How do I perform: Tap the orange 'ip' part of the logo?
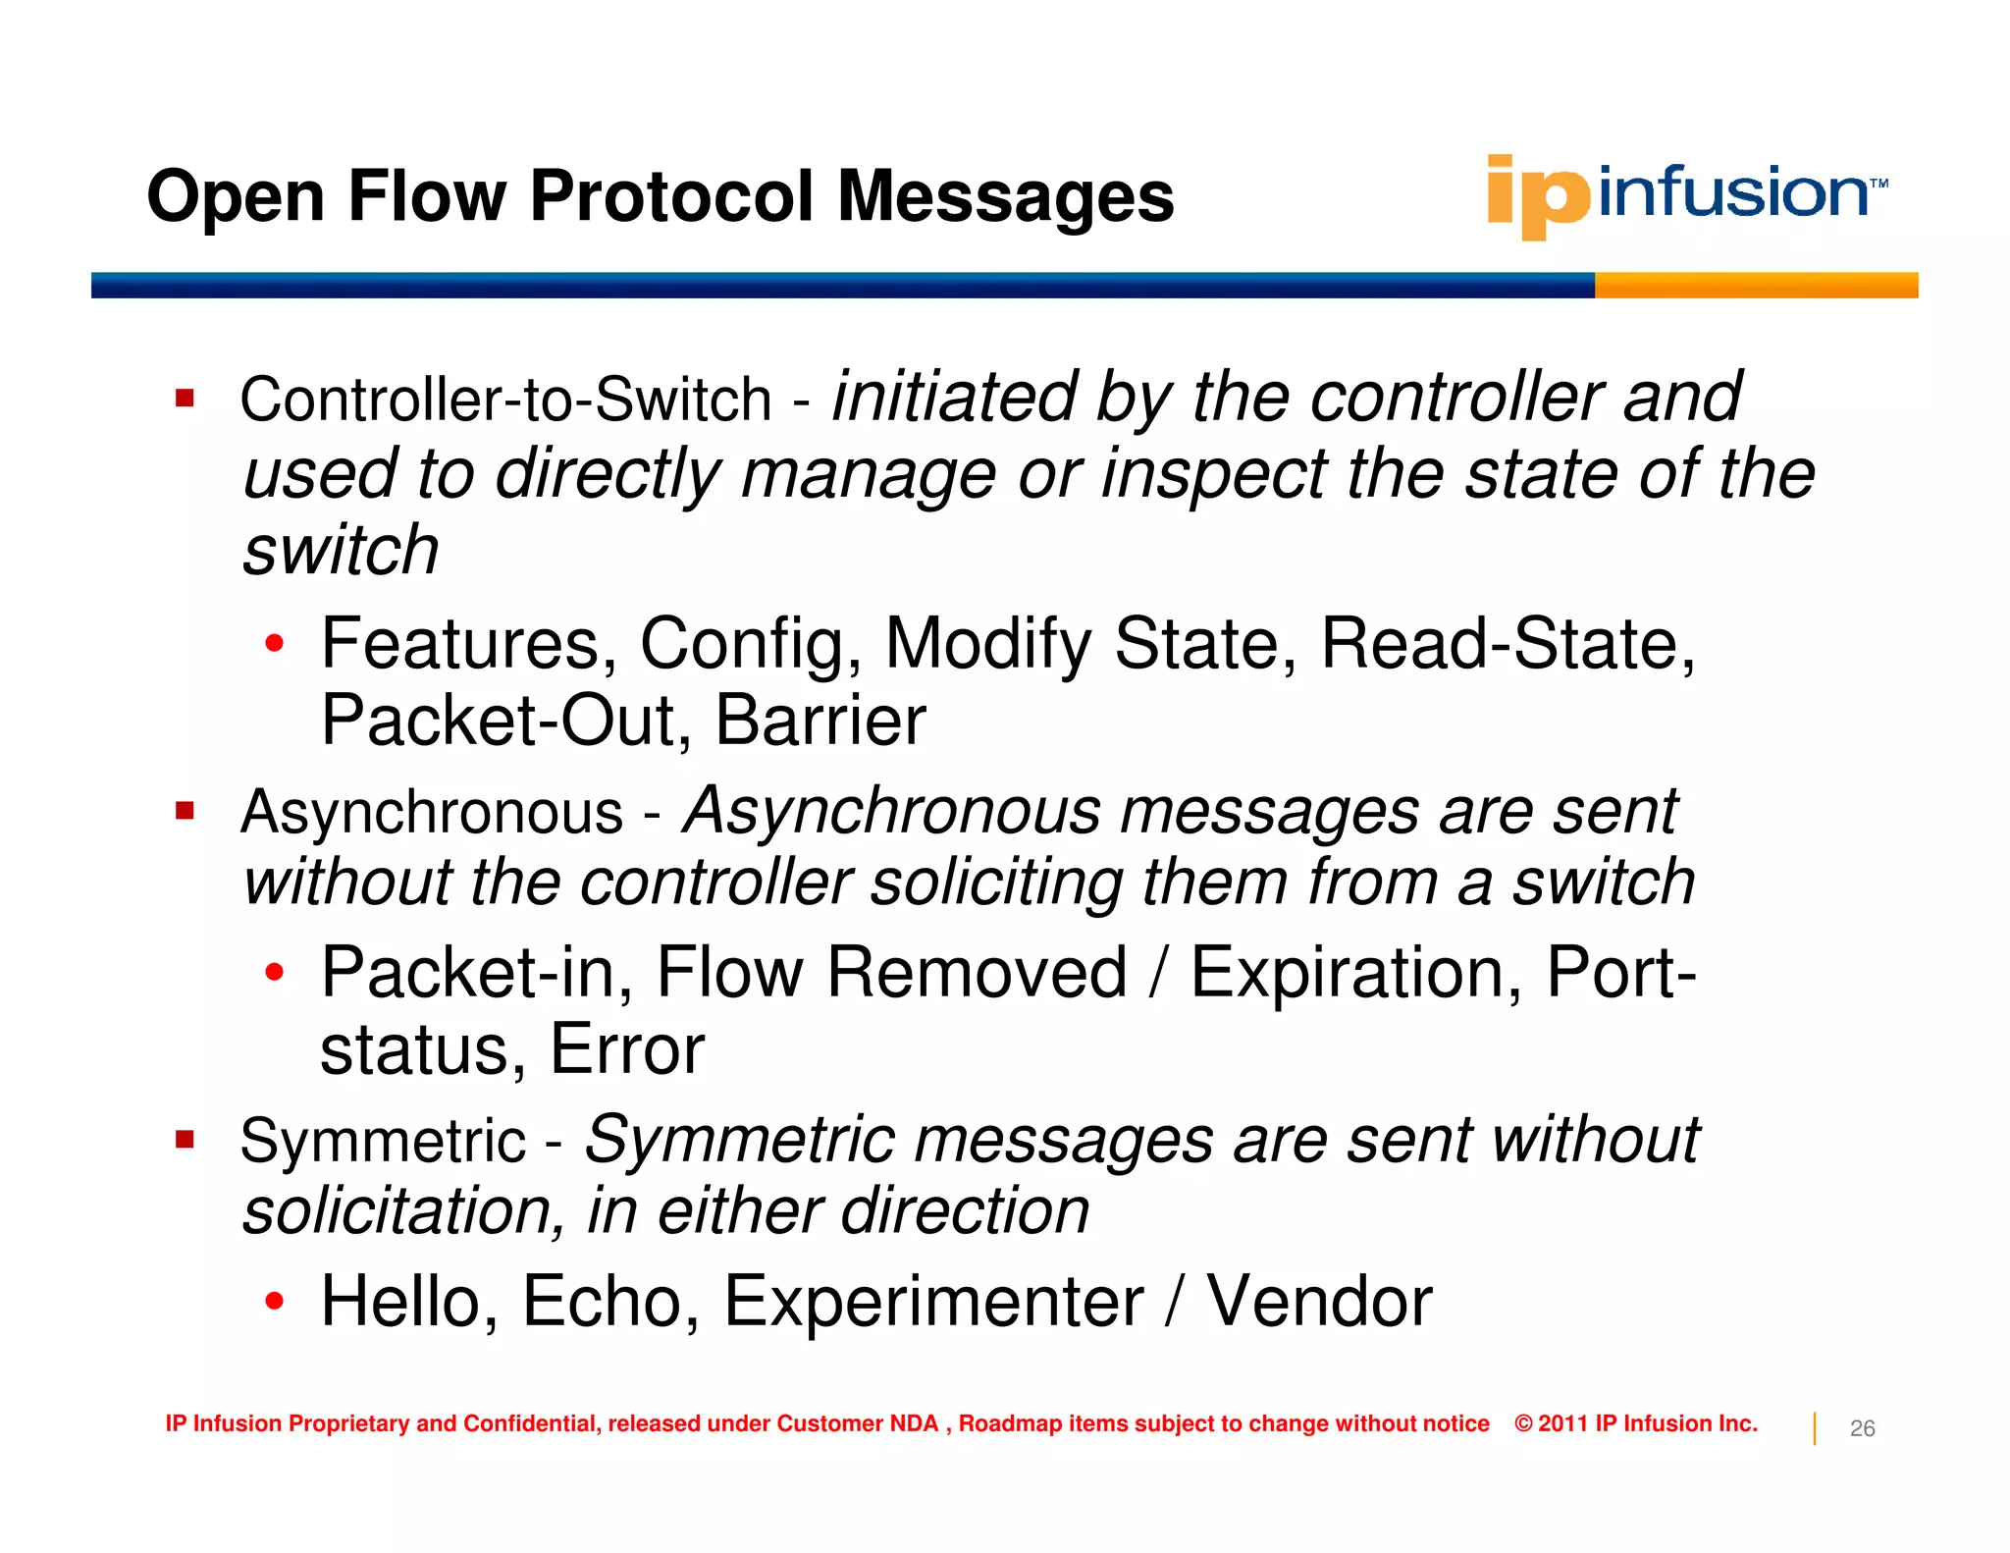pos(1536,196)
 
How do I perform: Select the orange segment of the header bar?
pos(1755,285)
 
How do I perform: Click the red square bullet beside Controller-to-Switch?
pos(185,399)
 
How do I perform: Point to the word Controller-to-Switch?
pos(505,401)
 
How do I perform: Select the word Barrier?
pos(820,721)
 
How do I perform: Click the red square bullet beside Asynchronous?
pos(185,811)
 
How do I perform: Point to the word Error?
pos(626,1049)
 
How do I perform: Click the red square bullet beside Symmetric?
pos(185,1140)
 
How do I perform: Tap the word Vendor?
pos(1319,1302)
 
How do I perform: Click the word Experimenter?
pos(933,1302)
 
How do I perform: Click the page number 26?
pos(1862,1428)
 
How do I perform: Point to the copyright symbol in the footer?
pos(1523,1423)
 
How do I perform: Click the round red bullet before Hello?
pos(275,1302)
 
